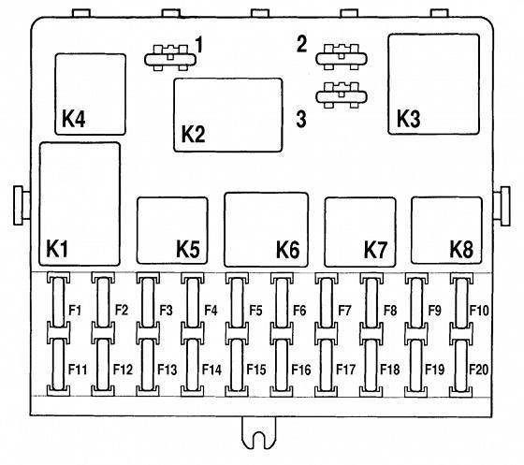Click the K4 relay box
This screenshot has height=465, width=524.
pos(90,94)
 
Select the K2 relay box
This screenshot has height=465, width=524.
pos(228,115)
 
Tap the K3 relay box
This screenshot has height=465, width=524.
pos(433,84)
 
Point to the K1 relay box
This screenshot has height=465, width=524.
pos(80,204)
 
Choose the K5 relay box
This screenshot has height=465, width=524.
pos(172,230)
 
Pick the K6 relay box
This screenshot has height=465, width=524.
pos(267,229)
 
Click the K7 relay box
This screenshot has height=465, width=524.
pos(360,232)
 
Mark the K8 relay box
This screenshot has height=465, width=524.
pos(446,230)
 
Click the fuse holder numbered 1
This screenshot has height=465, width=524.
pos(170,58)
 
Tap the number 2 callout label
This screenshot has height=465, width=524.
pos(301,44)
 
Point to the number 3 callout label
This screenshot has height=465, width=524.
pos(301,119)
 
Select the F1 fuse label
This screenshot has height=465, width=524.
pos(75,311)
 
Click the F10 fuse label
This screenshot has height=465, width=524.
pos(479,311)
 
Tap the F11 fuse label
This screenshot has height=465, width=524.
pos(78,370)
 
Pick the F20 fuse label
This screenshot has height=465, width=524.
pos(479,370)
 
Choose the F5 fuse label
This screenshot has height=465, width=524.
pos(255,311)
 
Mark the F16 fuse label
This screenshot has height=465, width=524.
pos(301,370)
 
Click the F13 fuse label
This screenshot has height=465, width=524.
pos(167,370)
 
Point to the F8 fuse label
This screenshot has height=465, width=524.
pos(390,311)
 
